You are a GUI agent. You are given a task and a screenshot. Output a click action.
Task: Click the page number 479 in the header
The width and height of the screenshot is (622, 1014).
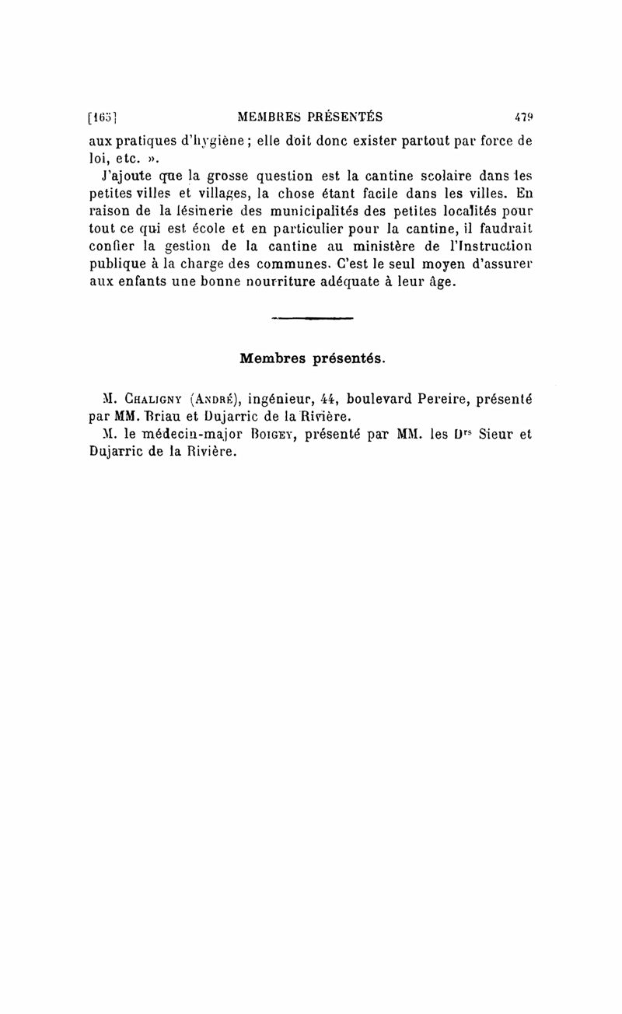click(x=523, y=117)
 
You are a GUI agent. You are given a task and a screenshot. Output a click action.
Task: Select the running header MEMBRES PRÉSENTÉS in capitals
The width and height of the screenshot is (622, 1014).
click(x=310, y=117)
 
